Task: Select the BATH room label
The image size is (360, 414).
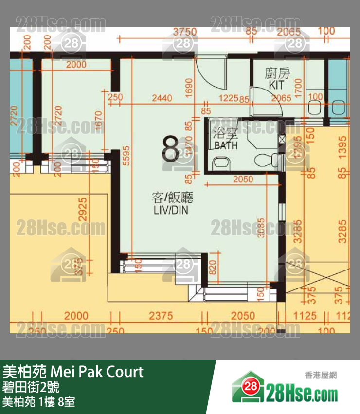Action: point(226,145)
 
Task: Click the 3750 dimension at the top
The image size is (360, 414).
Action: point(185,32)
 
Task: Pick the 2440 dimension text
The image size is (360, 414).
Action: point(162,98)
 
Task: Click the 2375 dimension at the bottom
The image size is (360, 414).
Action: point(161,316)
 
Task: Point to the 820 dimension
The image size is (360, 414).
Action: point(213,268)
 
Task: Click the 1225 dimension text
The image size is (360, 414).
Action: point(228,98)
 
